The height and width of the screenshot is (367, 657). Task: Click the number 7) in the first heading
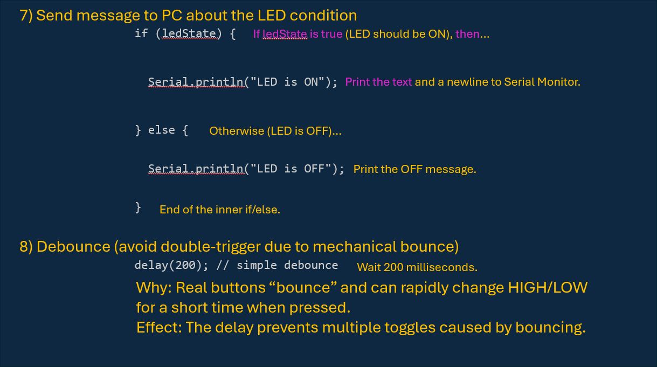pyautogui.click(x=26, y=15)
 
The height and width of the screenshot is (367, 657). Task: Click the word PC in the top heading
pyautogui.click(x=171, y=15)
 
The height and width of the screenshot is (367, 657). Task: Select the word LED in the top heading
pyautogui.click(x=272, y=15)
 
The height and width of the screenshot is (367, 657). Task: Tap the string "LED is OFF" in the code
pyautogui.click(x=291, y=169)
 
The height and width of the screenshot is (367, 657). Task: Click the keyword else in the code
pyautogui.click(x=162, y=130)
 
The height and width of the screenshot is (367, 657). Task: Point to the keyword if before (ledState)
pyautogui.click(x=141, y=33)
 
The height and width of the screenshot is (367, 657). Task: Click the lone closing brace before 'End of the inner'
pyautogui.click(x=139, y=207)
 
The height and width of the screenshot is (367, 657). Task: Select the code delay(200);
pyautogui.click(x=171, y=265)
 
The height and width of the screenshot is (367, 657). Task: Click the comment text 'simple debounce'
pyautogui.click(x=287, y=265)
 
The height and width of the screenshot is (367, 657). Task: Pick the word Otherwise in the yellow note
pyautogui.click(x=236, y=131)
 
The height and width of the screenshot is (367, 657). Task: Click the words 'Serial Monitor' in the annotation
pyautogui.click(x=542, y=82)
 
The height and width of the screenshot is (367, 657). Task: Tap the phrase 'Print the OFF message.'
pyautogui.click(x=414, y=169)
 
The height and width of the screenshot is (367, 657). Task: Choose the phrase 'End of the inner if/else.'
pyautogui.click(x=219, y=210)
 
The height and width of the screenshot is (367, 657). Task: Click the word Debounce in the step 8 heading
pyautogui.click(x=73, y=246)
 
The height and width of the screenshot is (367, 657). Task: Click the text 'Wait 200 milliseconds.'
pyautogui.click(x=417, y=267)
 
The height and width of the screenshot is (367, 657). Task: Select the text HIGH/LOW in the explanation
pyautogui.click(x=547, y=287)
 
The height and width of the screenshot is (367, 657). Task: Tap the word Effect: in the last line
pyautogui.click(x=158, y=327)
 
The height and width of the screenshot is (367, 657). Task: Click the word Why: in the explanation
pyautogui.click(x=154, y=287)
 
